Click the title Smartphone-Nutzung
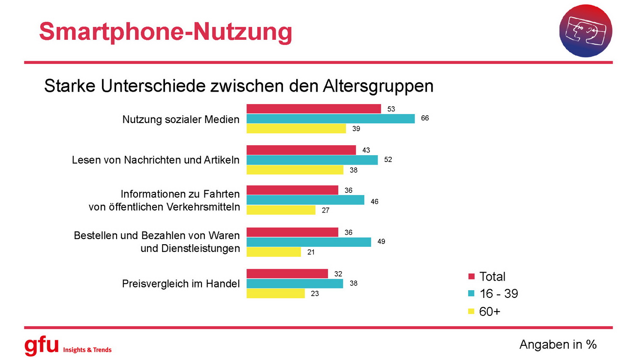pos(165,32)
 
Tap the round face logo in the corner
pos(586,31)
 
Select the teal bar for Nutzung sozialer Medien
pos(331,119)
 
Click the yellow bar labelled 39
pos(296,129)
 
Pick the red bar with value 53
pos(313,109)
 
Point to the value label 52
pos(388,159)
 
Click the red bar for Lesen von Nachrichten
pos(301,150)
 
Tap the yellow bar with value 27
pos(281,210)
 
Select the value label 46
pos(374,201)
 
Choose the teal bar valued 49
pos(309,242)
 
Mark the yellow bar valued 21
pos(273,252)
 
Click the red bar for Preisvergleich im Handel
pos(287,274)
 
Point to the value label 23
pos(315,294)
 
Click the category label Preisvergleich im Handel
pos(180,284)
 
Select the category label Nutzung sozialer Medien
pos(180,120)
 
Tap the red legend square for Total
pos(472,276)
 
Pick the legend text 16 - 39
pos(499,294)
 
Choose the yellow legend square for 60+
pos(472,312)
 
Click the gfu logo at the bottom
pos(42,345)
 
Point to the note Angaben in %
pos(558,344)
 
